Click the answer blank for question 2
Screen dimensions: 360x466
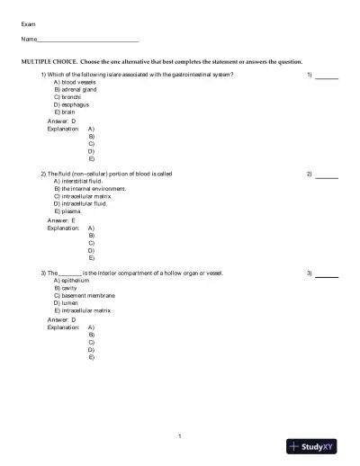pyautogui.click(x=328, y=174)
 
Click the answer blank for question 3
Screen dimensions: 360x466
pyautogui.click(x=328, y=273)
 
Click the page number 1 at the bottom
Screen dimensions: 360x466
pyautogui.click(x=180, y=436)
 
